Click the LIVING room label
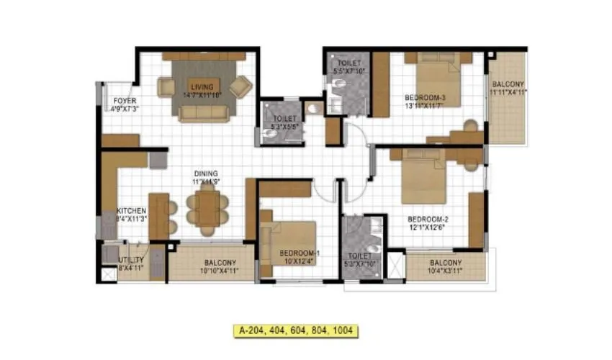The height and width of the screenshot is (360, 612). [x=202, y=87]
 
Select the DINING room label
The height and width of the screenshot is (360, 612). [x=206, y=174]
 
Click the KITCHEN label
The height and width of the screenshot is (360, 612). [x=132, y=211]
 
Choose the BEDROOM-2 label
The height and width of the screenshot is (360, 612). [x=428, y=219]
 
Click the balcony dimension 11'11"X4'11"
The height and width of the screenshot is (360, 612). [x=508, y=92]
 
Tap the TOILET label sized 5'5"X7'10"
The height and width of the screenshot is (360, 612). [x=348, y=67]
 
